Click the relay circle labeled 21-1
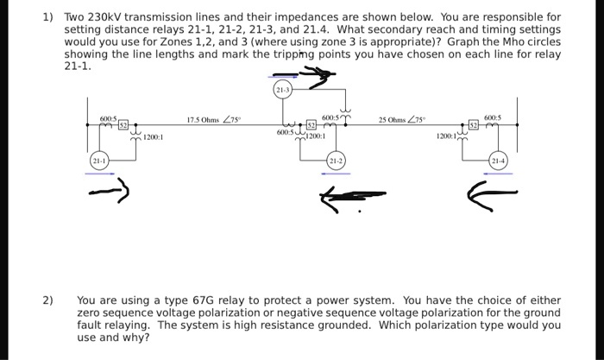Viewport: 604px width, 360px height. tap(97, 160)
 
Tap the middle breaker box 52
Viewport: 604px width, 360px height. tap(311, 126)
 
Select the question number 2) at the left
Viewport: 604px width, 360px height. tap(49, 300)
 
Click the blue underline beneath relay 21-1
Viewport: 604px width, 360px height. tap(98, 173)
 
